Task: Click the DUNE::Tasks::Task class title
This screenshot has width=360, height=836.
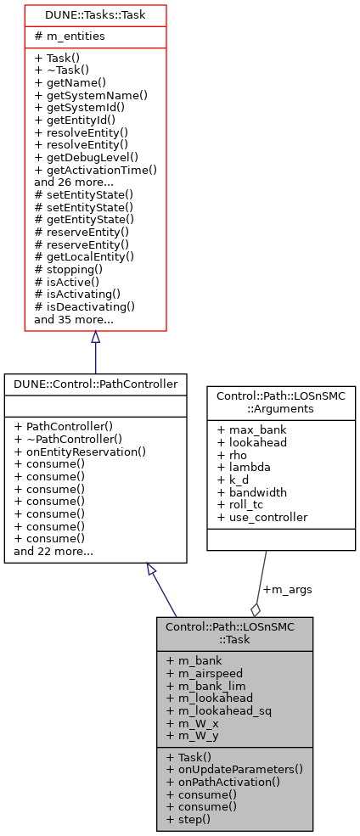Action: [x=94, y=14]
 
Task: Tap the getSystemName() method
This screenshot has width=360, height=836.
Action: [x=91, y=95]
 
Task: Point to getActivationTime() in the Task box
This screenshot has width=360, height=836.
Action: [x=95, y=169]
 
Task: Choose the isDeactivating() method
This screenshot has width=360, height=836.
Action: [x=85, y=306]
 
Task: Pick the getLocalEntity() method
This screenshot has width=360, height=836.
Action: [x=84, y=255]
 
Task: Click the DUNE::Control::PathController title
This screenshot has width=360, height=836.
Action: [x=95, y=384]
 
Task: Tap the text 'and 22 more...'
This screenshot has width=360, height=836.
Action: [x=53, y=552]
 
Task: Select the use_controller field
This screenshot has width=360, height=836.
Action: [x=262, y=517]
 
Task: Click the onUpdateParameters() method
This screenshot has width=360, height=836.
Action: [x=234, y=768]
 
